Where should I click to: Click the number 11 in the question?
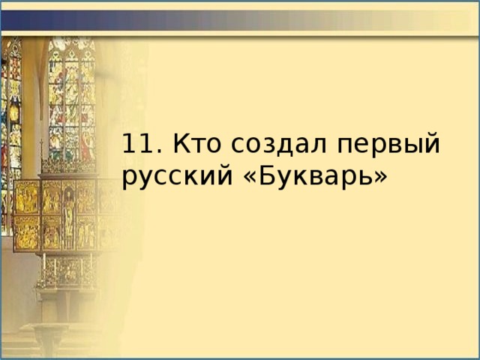[134, 143]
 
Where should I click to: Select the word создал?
[272, 143]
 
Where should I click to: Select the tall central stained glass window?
[71, 94]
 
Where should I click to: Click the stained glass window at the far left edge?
[10, 112]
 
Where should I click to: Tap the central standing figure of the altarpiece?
[68, 214]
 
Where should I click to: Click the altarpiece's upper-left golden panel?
[27, 196]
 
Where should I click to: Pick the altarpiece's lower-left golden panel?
[27, 232]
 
